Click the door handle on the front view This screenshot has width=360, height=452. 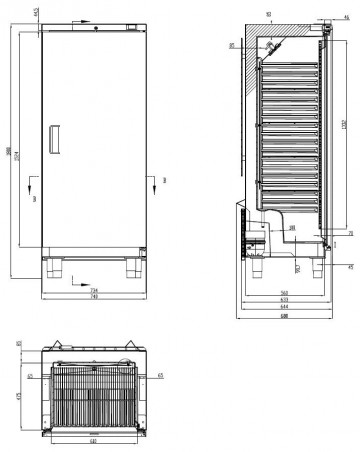56,137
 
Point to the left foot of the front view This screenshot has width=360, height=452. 55,268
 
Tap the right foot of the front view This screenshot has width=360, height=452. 132,268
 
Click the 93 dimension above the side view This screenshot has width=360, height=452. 270,14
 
